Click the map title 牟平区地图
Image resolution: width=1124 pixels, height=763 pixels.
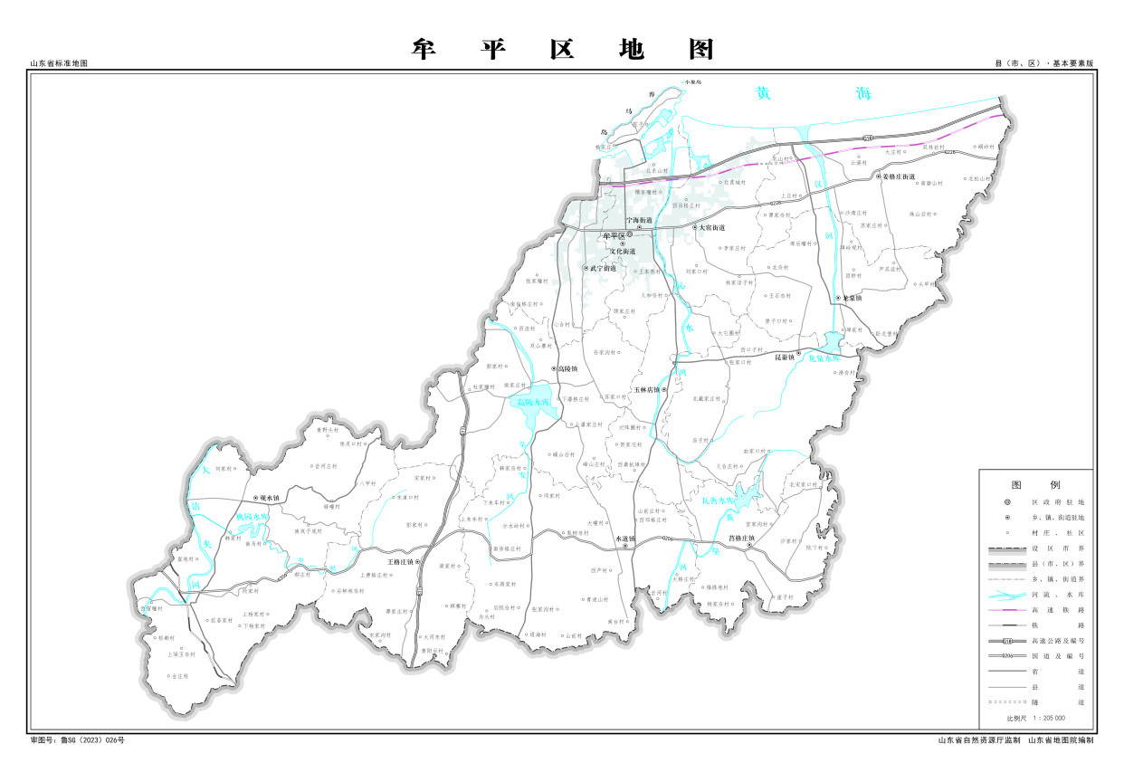pos(562,49)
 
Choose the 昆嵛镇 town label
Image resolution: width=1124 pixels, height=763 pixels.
pos(785,357)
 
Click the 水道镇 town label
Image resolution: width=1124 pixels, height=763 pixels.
pos(625,539)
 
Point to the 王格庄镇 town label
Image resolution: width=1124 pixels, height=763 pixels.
pos(399,562)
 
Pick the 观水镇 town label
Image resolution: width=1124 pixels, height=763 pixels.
pos(270,498)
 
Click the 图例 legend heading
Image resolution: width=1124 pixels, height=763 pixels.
pos(1035,484)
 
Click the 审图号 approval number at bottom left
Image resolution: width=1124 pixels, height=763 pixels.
pos(77,740)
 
